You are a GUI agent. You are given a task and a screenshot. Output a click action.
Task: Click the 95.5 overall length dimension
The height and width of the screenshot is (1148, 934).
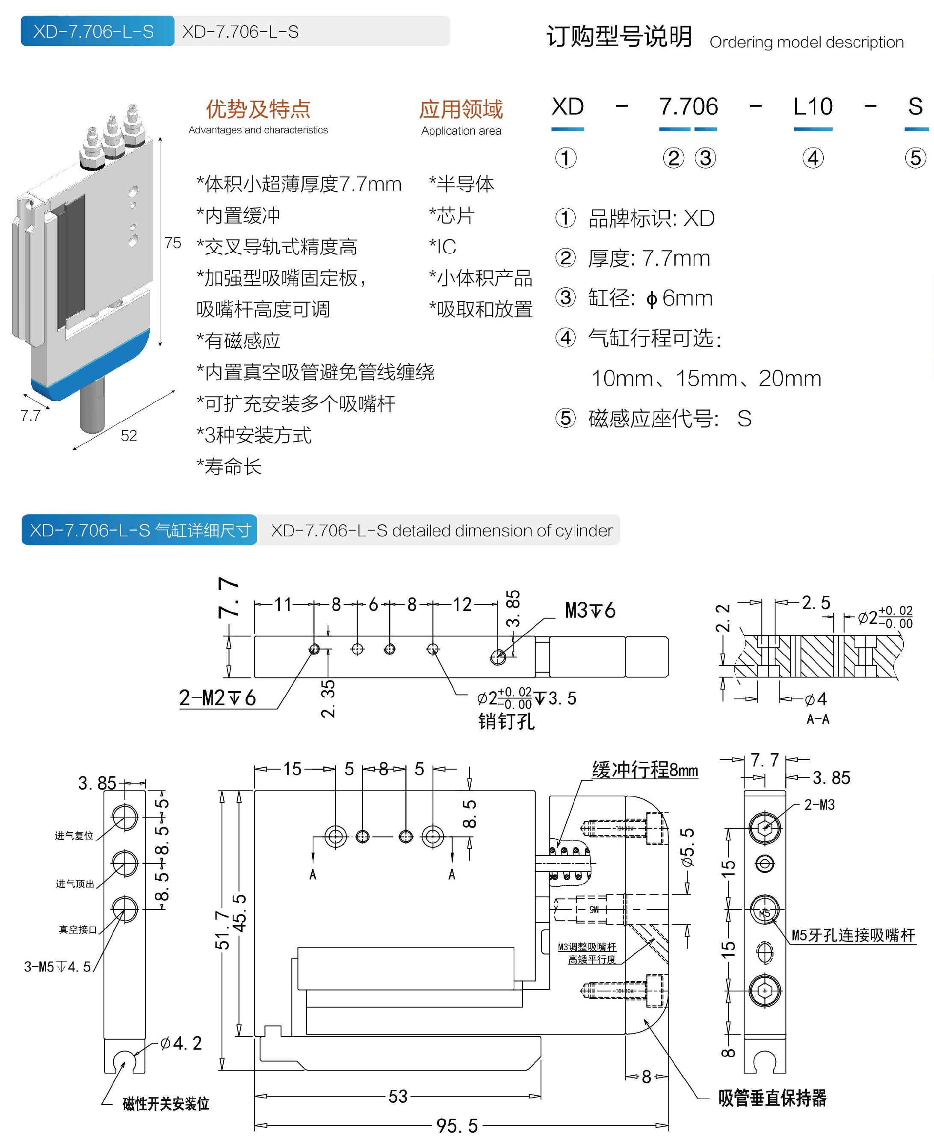point(456,1125)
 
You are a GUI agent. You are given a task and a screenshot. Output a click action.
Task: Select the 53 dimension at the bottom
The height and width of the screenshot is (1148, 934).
point(398,1096)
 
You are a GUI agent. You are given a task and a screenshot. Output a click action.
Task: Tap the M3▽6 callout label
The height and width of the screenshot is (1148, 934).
point(590,611)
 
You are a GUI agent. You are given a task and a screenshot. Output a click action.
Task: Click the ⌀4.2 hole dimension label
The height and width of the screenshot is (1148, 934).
point(181,1043)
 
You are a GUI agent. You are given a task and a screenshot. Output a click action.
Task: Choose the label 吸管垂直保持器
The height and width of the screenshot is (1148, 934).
point(771,1098)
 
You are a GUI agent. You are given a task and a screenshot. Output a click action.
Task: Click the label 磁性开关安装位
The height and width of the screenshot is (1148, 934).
point(166,1104)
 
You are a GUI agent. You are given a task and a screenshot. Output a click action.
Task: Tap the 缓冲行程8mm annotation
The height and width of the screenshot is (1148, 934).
point(644,770)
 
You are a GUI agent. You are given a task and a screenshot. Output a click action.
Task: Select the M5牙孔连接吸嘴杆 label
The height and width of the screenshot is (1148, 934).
point(853,935)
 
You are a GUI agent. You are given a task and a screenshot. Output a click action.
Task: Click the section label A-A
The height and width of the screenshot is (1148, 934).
point(817,719)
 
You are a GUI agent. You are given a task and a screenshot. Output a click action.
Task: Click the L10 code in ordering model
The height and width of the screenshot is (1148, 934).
point(813,107)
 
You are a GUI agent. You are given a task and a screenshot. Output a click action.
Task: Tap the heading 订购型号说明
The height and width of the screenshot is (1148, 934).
point(619,37)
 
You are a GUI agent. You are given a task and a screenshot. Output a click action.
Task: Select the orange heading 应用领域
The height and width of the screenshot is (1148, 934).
point(461,109)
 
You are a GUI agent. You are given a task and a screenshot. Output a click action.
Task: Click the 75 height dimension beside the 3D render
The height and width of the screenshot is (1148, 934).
point(173,243)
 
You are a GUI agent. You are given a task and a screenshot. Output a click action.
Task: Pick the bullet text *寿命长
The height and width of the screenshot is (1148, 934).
point(229,466)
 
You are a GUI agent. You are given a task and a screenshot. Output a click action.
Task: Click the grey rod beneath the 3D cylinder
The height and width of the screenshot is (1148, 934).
point(92,407)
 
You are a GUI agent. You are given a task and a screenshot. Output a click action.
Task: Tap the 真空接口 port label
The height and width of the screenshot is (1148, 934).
point(77,929)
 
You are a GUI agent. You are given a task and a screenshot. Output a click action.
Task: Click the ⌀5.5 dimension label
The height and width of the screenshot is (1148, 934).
point(687,847)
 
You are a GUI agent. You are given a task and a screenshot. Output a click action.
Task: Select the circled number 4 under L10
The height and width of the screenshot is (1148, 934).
point(813,158)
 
